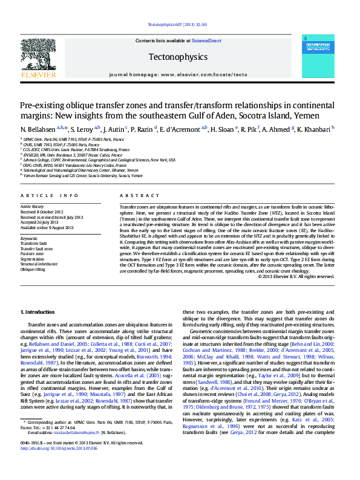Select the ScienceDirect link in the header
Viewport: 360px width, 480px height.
point(206,41)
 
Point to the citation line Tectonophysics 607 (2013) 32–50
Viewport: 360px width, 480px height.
point(178,25)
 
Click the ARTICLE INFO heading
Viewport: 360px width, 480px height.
point(50,196)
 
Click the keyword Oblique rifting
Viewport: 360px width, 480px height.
point(34,270)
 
